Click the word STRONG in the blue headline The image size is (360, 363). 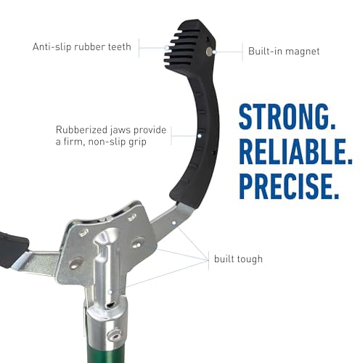click(x=287, y=117)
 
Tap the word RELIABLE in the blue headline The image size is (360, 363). click(x=295, y=152)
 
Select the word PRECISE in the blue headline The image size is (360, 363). click(x=289, y=186)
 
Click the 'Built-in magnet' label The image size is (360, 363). click(x=284, y=52)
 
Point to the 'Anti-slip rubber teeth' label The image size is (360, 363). click(x=82, y=46)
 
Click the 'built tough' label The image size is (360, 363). click(x=238, y=259)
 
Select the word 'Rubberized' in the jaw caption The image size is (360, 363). click(x=81, y=130)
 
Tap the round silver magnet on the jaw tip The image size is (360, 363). click(x=208, y=51)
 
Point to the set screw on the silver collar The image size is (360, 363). click(x=114, y=335)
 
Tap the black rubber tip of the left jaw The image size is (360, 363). click(x=12, y=249)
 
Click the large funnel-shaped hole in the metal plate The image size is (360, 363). click(x=106, y=237)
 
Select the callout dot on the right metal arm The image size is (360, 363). click(x=173, y=223)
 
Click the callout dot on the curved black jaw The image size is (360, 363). click(x=200, y=136)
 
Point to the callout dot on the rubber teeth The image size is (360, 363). click(x=167, y=48)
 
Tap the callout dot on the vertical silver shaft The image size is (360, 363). click(x=110, y=293)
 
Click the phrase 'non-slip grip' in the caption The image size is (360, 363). click(x=117, y=142)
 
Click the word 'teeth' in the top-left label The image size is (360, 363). click(x=119, y=46)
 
